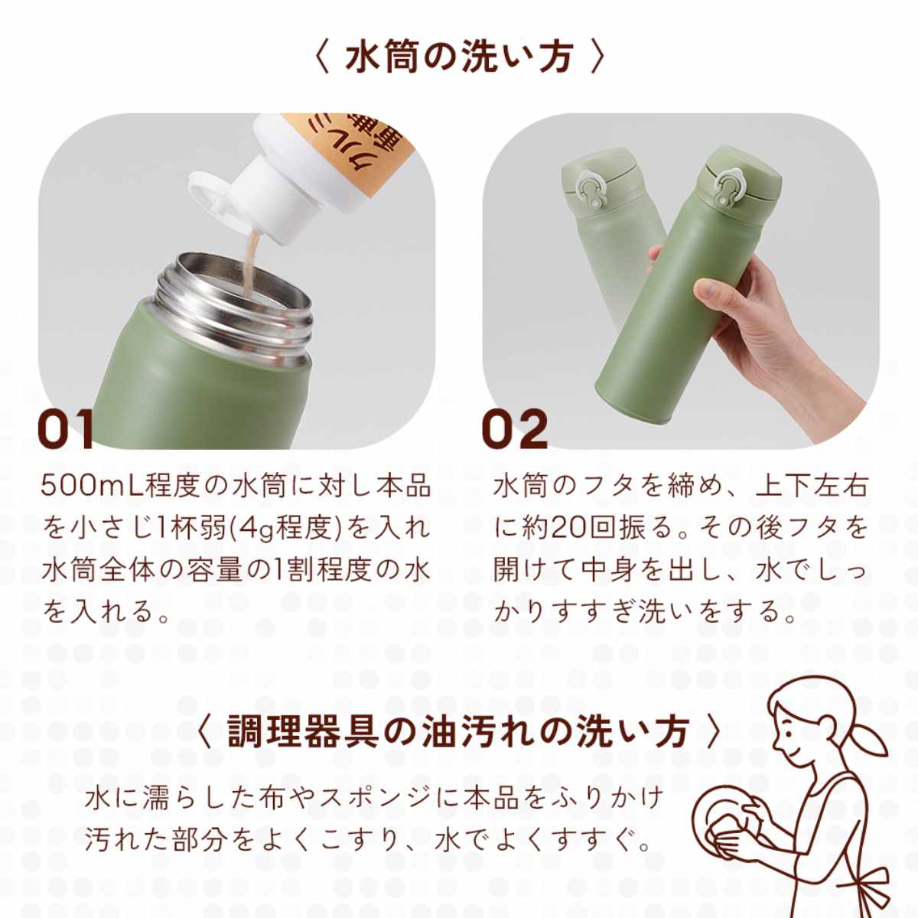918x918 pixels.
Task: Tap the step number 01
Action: (65, 428)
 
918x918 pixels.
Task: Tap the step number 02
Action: (515, 428)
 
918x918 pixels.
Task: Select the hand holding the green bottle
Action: (762, 324)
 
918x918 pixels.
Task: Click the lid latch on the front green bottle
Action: (727, 189)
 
